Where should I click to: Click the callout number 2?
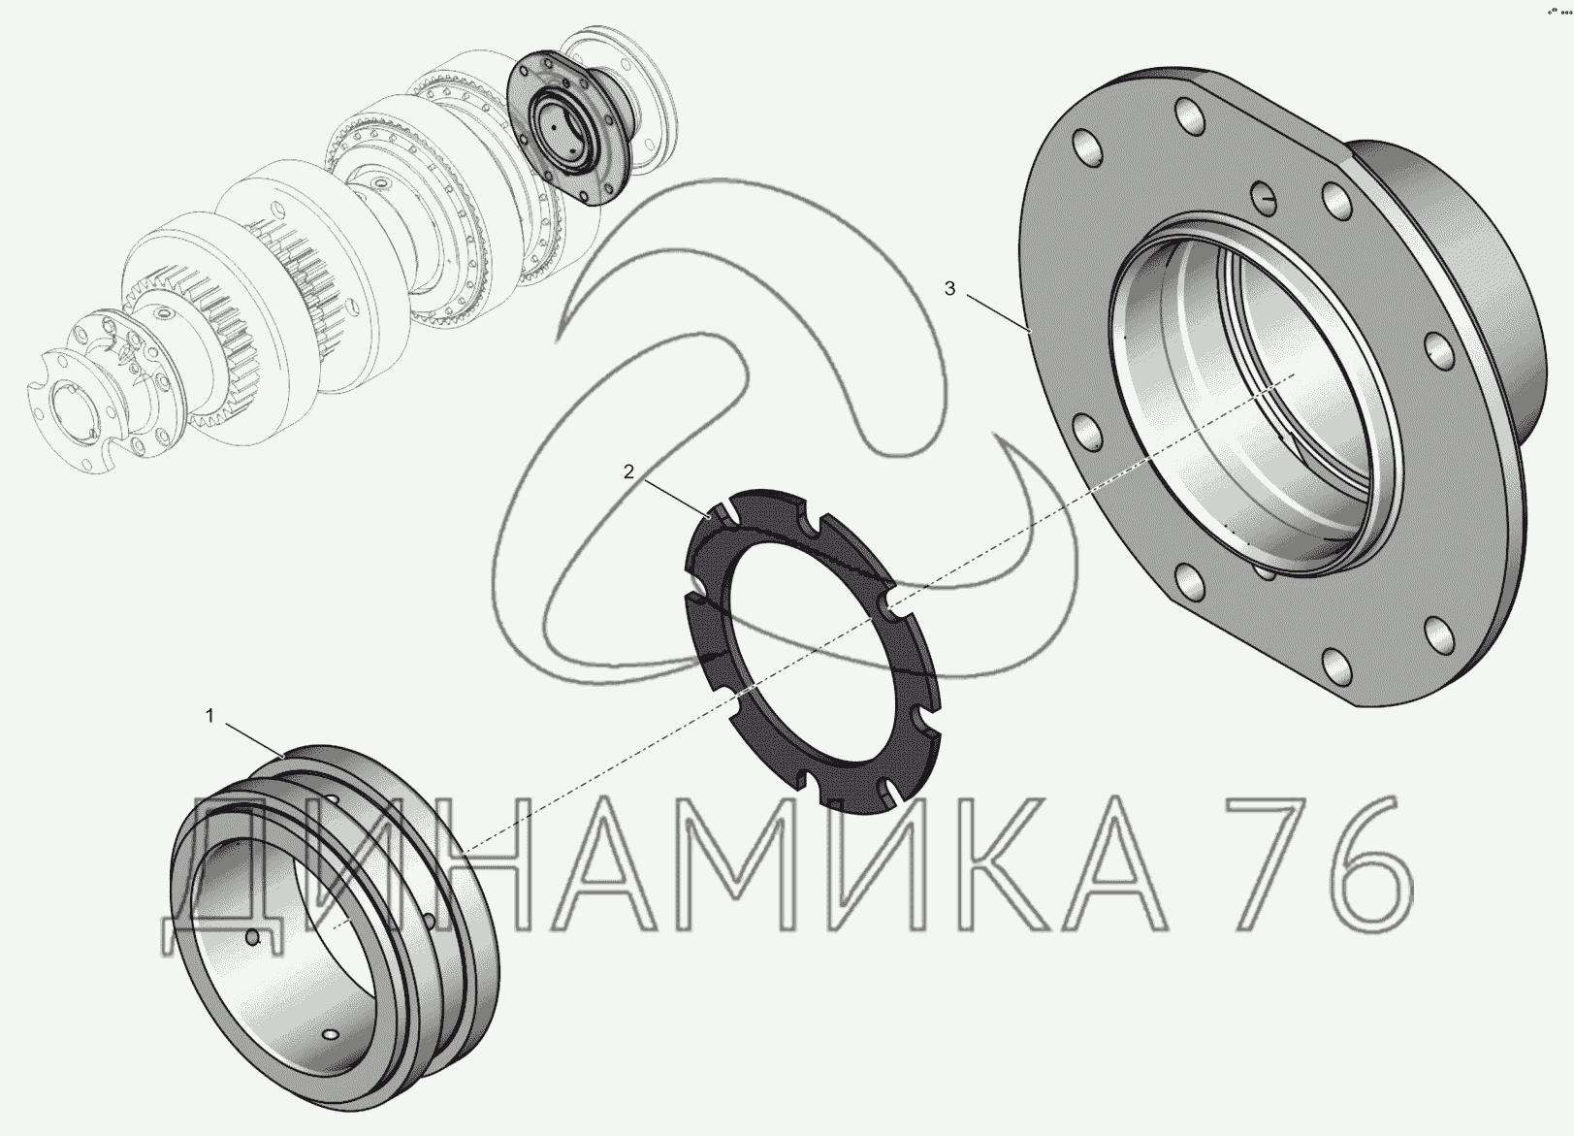tap(628, 471)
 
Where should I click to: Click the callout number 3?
tap(950, 288)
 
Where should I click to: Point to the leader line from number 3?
tap(999, 312)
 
